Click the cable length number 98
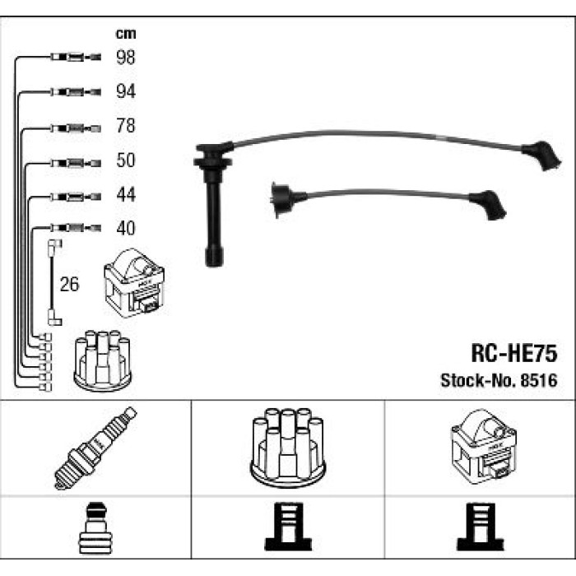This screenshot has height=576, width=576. (x=126, y=58)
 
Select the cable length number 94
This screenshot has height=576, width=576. (x=126, y=91)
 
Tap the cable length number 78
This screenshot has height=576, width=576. (x=126, y=126)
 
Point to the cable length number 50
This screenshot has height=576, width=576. (x=126, y=160)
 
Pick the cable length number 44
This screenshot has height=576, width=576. (x=126, y=194)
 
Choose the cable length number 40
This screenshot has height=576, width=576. (x=126, y=228)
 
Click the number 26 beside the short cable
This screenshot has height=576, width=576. (x=69, y=285)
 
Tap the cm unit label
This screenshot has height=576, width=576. (x=126, y=34)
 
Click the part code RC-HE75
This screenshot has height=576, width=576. (x=514, y=353)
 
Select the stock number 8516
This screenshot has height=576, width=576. (x=539, y=380)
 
